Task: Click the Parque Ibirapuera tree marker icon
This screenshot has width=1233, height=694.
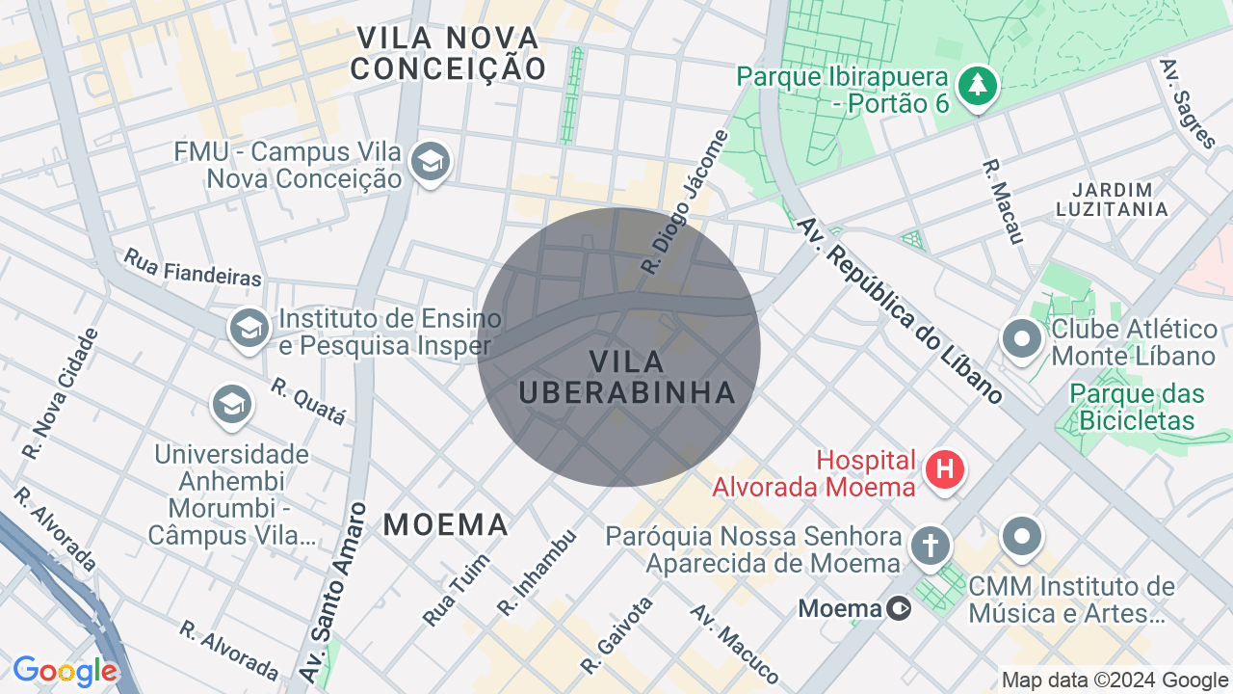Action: click(978, 86)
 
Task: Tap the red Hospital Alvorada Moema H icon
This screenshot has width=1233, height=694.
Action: click(945, 469)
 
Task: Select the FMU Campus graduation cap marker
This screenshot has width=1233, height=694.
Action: click(430, 162)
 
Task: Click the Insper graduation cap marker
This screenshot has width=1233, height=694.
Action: click(249, 328)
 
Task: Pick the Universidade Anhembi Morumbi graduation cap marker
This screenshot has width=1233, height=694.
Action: click(231, 404)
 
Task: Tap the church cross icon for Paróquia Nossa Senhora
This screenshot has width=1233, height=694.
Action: click(930, 544)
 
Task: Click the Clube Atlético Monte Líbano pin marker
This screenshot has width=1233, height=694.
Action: click(1022, 338)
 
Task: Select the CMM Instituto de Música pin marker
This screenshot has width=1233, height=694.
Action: click(1022, 535)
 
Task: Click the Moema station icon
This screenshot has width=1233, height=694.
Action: click(899, 608)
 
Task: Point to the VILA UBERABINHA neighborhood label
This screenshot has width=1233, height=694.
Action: click(626, 377)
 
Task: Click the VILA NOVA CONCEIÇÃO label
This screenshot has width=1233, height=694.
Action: click(448, 53)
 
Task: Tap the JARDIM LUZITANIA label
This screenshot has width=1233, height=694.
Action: click(1111, 199)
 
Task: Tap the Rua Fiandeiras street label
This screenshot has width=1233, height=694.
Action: click(193, 267)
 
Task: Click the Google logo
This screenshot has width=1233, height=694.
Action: click(66, 671)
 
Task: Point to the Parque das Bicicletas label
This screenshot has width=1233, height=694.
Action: click(1138, 407)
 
